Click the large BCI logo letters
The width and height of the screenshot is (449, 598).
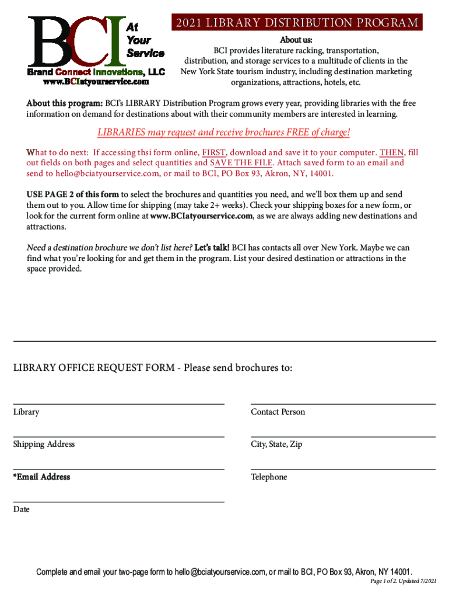click(x=76, y=41)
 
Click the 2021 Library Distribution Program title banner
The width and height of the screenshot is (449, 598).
click(x=296, y=23)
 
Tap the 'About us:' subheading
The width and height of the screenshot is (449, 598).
click(x=296, y=40)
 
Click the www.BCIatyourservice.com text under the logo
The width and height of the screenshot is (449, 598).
click(x=96, y=82)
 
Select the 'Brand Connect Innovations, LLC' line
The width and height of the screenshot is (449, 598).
click(x=96, y=72)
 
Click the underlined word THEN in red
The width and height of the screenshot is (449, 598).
click(x=391, y=152)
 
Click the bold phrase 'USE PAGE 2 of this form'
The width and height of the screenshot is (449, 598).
click(x=73, y=194)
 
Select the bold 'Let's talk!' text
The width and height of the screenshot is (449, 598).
click(x=212, y=248)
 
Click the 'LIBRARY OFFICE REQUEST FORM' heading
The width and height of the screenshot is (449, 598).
click(x=94, y=368)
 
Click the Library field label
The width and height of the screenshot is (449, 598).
click(x=26, y=412)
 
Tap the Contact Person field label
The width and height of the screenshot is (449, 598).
click(x=278, y=412)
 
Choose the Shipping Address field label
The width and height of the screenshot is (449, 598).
click(x=44, y=444)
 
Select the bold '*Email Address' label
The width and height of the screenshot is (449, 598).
click(x=41, y=477)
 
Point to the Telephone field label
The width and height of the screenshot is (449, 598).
click(x=269, y=478)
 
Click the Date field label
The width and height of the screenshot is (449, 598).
click(x=22, y=510)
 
